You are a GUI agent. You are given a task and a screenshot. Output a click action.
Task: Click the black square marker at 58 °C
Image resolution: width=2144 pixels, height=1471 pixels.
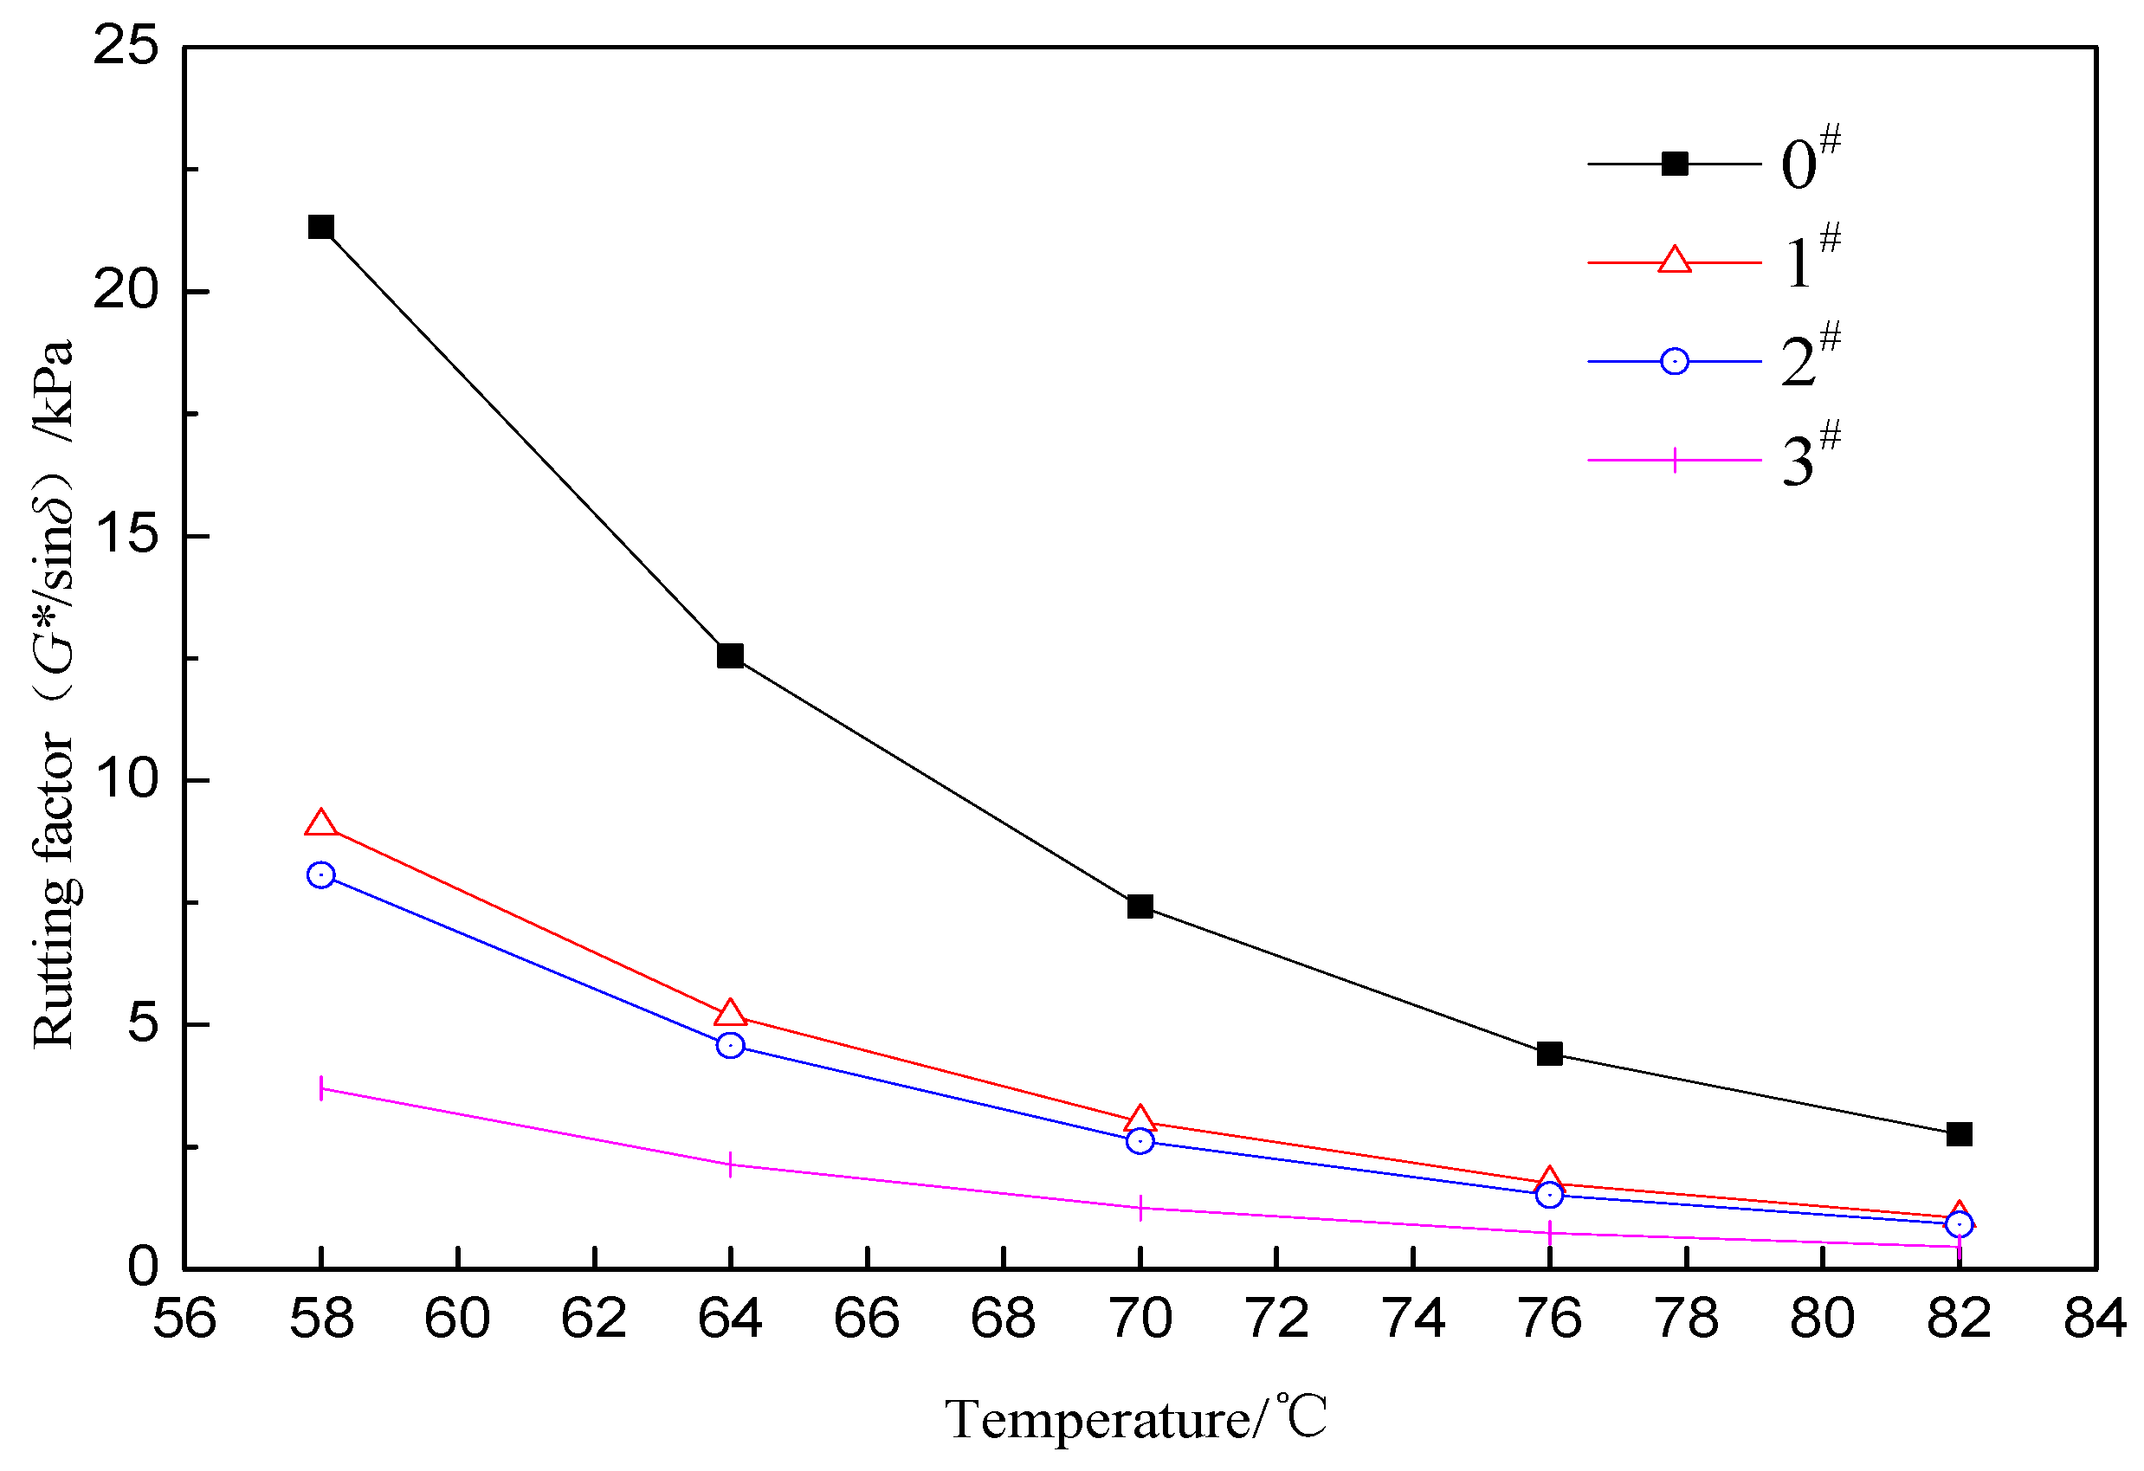pyautogui.click(x=321, y=227)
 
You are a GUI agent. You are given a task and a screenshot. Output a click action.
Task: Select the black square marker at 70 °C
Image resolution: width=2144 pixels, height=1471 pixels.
pyautogui.click(x=1140, y=906)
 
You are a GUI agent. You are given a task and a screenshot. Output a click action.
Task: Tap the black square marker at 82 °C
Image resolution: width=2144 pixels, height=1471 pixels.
pyautogui.click(x=1960, y=1134)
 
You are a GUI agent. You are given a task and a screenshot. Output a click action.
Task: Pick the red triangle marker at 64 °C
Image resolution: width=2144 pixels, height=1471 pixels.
pyautogui.click(x=731, y=1014)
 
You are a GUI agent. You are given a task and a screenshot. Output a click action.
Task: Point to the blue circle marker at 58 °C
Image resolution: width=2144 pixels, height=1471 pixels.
pyautogui.click(x=321, y=875)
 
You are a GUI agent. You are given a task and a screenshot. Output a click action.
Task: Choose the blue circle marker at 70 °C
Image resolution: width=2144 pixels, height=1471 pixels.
pyautogui.click(x=1140, y=1142)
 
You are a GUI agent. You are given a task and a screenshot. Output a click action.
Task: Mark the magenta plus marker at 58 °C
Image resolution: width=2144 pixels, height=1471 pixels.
pyautogui.click(x=321, y=1088)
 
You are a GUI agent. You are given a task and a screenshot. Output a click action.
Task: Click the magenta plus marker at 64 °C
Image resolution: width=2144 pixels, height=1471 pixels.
pyautogui.click(x=731, y=1165)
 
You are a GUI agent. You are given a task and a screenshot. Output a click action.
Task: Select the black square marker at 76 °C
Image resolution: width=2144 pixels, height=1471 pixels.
pyautogui.click(x=1550, y=1053)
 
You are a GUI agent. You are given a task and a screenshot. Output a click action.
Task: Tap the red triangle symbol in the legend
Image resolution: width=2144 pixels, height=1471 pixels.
pyautogui.click(x=1675, y=261)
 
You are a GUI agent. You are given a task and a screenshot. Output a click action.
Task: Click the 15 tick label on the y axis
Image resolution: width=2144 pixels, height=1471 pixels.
pyautogui.click(x=126, y=534)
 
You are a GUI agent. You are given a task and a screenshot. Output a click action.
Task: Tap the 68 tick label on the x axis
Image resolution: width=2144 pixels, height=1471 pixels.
pyautogui.click(x=1003, y=1319)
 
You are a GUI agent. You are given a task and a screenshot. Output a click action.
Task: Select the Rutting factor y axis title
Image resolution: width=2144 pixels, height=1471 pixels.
pyautogui.click(x=54, y=694)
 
